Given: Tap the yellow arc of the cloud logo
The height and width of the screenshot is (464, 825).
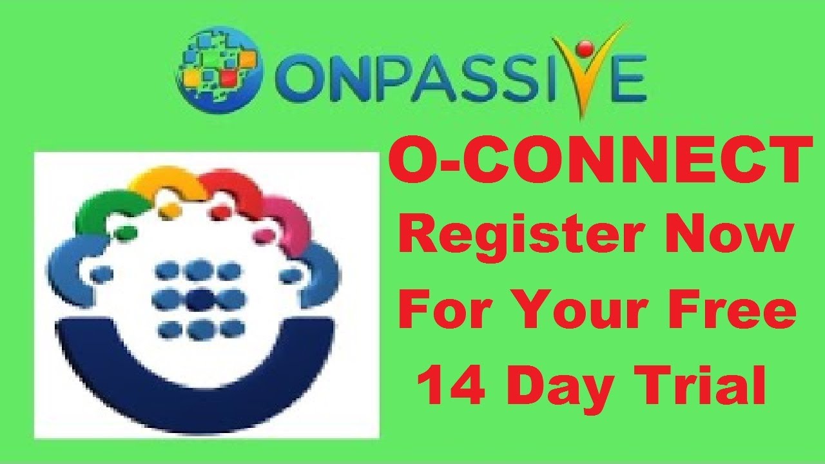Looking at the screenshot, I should pos(164,182).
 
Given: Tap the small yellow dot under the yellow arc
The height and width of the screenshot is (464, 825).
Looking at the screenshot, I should pos(170,209).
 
